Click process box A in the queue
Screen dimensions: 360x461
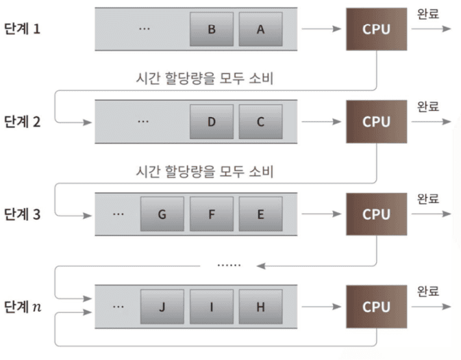coord(260,29)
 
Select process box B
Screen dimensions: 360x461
coord(212,29)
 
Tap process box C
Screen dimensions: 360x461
coord(260,122)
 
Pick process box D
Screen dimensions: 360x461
coord(212,122)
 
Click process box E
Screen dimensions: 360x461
coord(260,214)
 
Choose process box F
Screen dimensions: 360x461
coord(212,214)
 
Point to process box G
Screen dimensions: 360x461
coord(162,214)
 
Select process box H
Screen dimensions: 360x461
coord(260,307)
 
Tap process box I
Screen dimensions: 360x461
coord(212,307)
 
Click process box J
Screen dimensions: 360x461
coord(162,307)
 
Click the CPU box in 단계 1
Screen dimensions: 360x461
coord(376,29)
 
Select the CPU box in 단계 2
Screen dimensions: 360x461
coord(376,122)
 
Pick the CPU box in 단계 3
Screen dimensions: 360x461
coord(376,214)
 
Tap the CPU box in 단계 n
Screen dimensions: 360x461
coord(376,307)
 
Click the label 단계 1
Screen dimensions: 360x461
coord(23,29)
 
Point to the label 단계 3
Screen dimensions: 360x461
coord(23,214)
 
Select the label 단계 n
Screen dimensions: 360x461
coord(23,307)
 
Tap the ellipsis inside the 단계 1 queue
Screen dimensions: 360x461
coord(144,29)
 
